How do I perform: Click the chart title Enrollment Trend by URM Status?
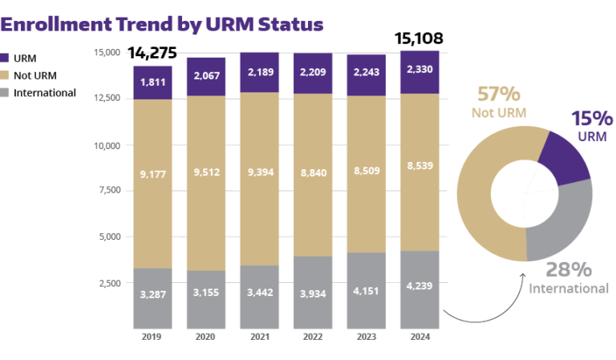tap(162, 23)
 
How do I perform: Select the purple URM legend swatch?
tap(6, 58)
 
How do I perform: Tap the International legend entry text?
tap(45, 93)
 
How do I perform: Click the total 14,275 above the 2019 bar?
tap(153, 54)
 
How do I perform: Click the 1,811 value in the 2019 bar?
tap(153, 83)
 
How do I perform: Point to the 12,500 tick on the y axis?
tap(105, 98)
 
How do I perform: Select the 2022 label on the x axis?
tap(312, 338)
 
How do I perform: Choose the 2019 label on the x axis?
tap(153, 338)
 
